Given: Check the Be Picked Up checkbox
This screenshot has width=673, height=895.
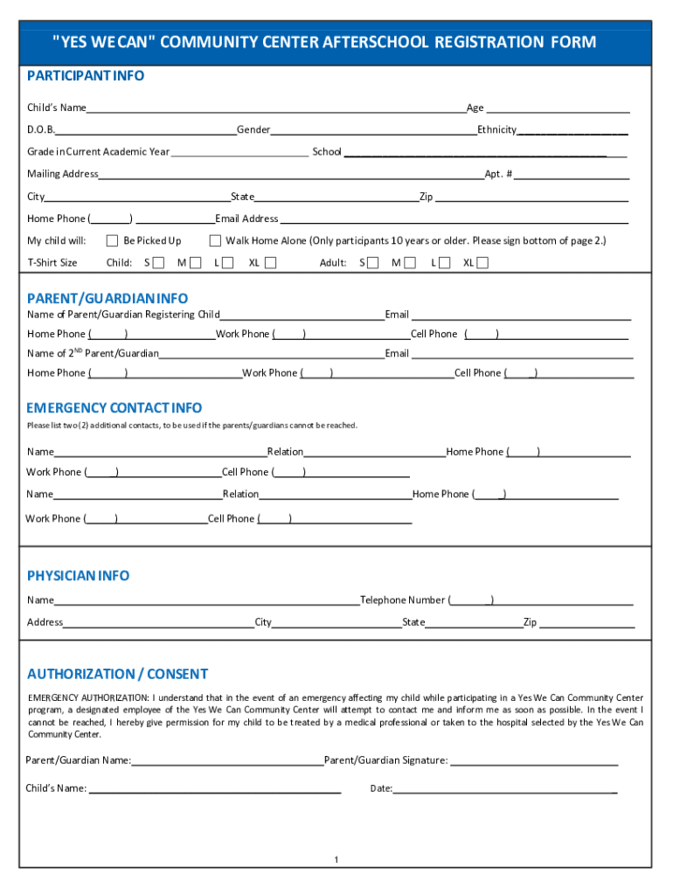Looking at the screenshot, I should [x=112, y=240].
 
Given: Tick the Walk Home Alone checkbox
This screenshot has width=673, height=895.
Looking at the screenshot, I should [x=215, y=240].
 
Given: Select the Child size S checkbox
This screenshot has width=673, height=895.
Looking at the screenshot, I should [x=158, y=262].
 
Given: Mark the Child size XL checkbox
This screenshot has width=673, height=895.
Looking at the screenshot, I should [x=270, y=262].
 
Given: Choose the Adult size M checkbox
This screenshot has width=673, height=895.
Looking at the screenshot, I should [x=409, y=262].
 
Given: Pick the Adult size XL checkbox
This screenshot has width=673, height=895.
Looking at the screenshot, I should [x=482, y=262].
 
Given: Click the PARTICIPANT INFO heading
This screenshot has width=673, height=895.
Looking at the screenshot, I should [x=86, y=76].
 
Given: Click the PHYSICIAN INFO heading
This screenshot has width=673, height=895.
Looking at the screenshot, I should [x=78, y=575].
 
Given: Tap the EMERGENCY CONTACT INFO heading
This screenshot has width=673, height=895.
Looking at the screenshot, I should [x=114, y=407].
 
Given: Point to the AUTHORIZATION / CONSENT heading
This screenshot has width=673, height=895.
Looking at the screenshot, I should [x=117, y=674].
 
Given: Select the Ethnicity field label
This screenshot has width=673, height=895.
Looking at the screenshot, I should [x=496, y=130].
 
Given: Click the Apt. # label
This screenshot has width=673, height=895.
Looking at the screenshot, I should [x=498, y=174].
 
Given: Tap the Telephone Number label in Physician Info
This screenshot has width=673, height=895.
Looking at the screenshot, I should [x=402, y=600].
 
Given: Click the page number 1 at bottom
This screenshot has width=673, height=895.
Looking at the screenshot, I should [x=336, y=860].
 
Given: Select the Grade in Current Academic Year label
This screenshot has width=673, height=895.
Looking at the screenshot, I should [x=98, y=152].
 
